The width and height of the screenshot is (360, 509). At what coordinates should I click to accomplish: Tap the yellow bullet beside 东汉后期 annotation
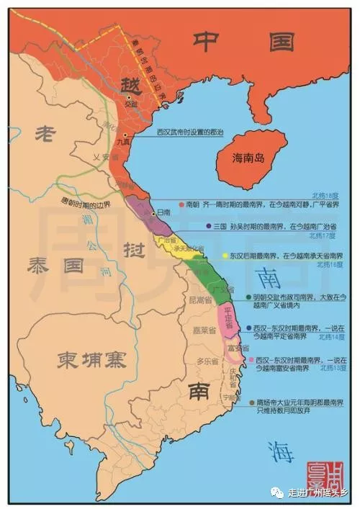pyautogui.click(x=225, y=256)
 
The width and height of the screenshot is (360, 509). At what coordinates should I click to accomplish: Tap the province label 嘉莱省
pyautogui.click(x=201, y=332)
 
